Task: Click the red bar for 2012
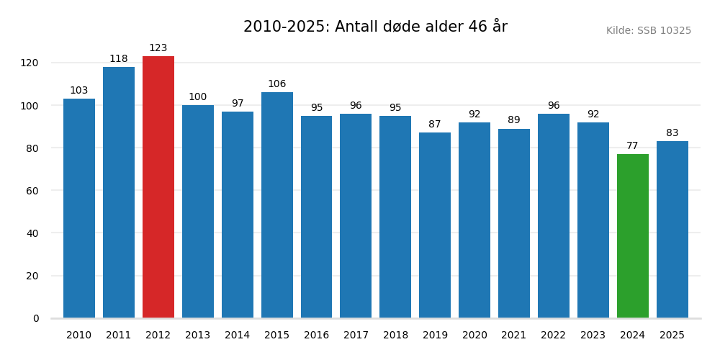tap(158, 187)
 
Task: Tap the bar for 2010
tap(79, 209)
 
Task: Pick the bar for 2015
tap(277, 205)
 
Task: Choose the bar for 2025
tap(672, 230)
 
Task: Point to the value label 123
tap(158, 48)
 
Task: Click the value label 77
tap(633, 146)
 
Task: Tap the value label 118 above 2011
tap(119, 59)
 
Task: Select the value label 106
tap(277, 84)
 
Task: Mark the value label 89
tap(514, 120)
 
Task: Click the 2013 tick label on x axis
tap(198, 336)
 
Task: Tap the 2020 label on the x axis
tap(474, 336)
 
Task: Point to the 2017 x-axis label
tap(356, 336)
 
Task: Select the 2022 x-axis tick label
tap(554, 336)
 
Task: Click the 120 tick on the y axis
tap(30, 63)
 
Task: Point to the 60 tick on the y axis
tap(32, 191)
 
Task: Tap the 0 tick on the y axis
tap(36, 318)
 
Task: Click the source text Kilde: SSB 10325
tap(649, 31)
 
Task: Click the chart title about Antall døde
tap(375, 27)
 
